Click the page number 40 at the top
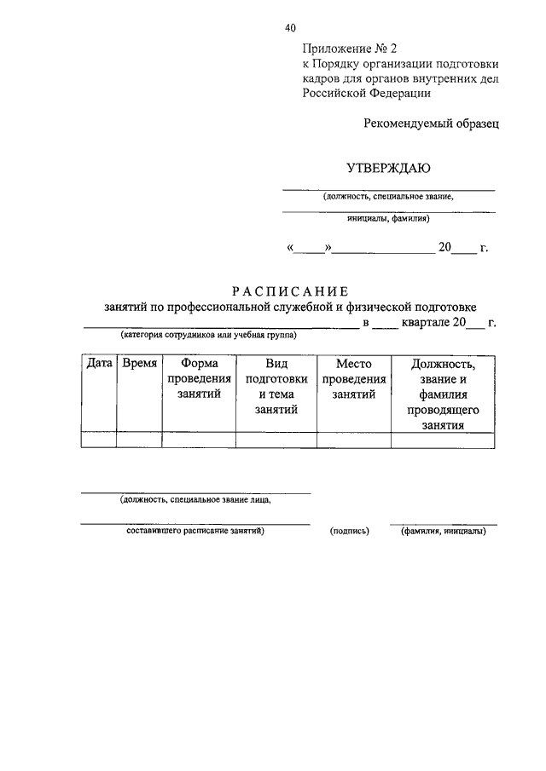(291, 28)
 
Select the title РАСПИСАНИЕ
(290, 291)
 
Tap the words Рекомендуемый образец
(431, 123)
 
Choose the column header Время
(139, 364)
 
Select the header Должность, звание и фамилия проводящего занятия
(441, 394)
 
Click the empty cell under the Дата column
(99, 440)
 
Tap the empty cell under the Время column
(139, 440)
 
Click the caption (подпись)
(350, 532)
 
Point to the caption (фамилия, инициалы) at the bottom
(443, 532)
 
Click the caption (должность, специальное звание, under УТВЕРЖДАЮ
(388, 197)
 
